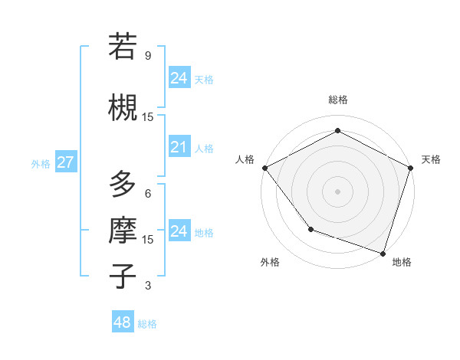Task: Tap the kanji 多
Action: click(x=123, y=185)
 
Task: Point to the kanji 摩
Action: click(x=123, y=229)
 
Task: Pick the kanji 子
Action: click(x=123, y=275)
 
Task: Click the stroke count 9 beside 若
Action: click(x=147, y=56)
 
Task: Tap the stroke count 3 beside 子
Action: click(x=147, y=286)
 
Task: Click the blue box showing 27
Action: click(x=65, y=162)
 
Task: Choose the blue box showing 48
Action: click(x=122, y=322)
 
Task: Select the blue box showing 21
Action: click(x=179, y=147)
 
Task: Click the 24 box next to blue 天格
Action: click(x=179, y=78)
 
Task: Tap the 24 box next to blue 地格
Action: click(x=179, y=231)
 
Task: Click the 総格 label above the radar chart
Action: click(x=337, y=100)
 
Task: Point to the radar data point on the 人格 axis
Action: click(x=264, y=167)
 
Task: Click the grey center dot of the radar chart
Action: click(x=337, y=191)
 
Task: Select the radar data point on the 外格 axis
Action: click(x=310, y=228)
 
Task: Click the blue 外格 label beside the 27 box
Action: click(x=40, y=163)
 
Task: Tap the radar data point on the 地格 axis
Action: click(x=383, y=253)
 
